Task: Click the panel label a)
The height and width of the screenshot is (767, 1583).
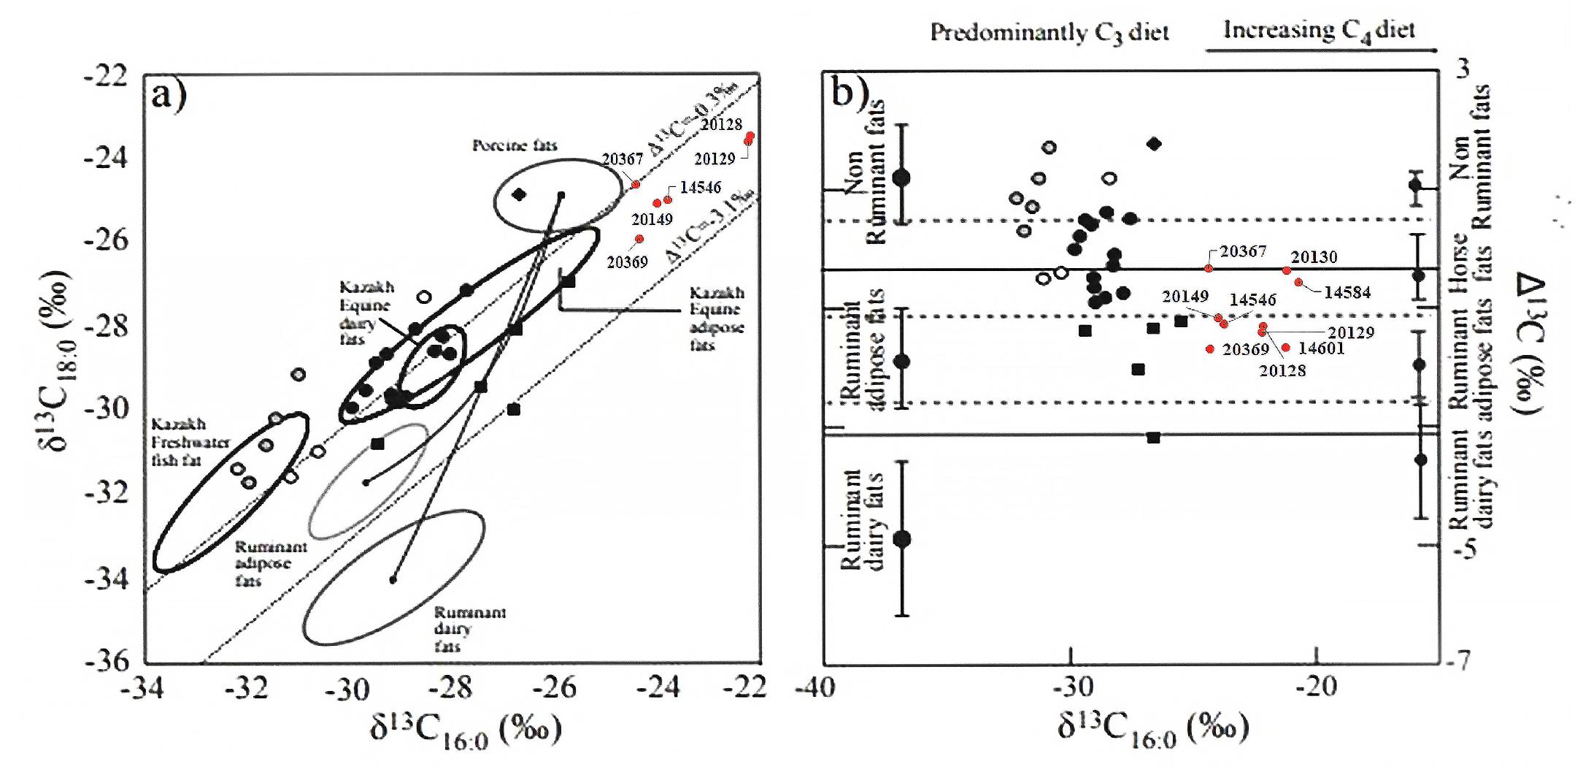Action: pyautogui.click(x=169, y=95)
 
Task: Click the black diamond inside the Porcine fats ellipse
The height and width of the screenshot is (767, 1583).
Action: pyautogui.click(x=519, y=194)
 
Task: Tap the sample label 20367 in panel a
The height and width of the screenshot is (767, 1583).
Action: pyautogui.click(x=622, y=159)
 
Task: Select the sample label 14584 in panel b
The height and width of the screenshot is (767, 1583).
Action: pyautogui.click(x=1347, y=292)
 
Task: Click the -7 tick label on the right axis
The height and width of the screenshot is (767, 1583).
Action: pyautogui.click(x=1455, y=661)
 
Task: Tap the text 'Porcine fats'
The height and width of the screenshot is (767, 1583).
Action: pyautogui.click(x=515, y=145)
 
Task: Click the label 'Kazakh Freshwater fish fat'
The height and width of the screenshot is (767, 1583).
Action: pyautogui.click(x=190, y=442)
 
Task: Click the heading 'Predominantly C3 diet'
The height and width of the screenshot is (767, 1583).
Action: pyautogui.click(x=1049, y=33)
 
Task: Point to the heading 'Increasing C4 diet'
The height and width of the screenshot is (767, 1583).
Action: pyautogui.click(x=1319, y=30)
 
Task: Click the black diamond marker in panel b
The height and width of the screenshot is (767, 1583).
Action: pyautogui.click(x=1154, y=144)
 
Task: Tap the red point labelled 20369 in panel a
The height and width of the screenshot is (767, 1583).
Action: pyautogui.click(x=639, y=239)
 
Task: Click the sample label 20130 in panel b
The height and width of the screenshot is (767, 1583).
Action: pyautogui.click(x=1314, y=257)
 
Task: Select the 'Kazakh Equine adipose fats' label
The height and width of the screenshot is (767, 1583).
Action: pyautogui.click(x=717, y=318)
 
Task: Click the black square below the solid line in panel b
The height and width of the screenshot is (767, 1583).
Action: pyautogui.click(x=1153, y=438)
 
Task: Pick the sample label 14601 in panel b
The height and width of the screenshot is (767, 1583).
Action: pyautogui.click(x=1321, y=348)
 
